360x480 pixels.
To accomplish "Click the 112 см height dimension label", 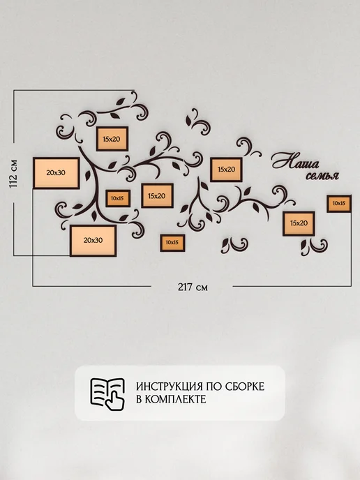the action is pyautogui.click(x=14, y=174).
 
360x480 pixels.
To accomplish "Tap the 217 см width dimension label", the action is pyautogui.click(x=193, y=287).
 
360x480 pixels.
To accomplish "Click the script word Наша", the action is pyautogui.click(x=296, y=161).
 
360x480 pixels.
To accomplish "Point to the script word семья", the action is pyautogui.click(x=322, y=175).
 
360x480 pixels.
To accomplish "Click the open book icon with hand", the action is pyautogui.click(x=107, y=393).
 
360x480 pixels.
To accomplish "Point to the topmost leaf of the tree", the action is pyautogui.click(x=120, y=102).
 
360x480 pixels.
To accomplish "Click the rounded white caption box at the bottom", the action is pyautogui.click(x=180, y=393).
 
